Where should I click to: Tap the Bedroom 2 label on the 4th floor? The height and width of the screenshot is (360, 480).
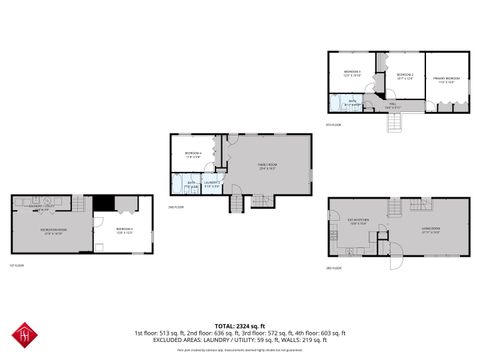point(405,75)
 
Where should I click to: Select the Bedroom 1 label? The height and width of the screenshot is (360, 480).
point(353,73)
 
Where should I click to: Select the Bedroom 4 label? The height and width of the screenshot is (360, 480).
point(194,155)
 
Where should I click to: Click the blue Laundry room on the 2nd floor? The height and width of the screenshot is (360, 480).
point(212,184)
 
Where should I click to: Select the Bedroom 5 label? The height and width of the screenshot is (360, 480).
point(125,230)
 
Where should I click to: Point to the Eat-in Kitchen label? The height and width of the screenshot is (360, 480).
point(358,220)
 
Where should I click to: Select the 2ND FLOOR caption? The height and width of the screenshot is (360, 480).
point(175,207)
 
